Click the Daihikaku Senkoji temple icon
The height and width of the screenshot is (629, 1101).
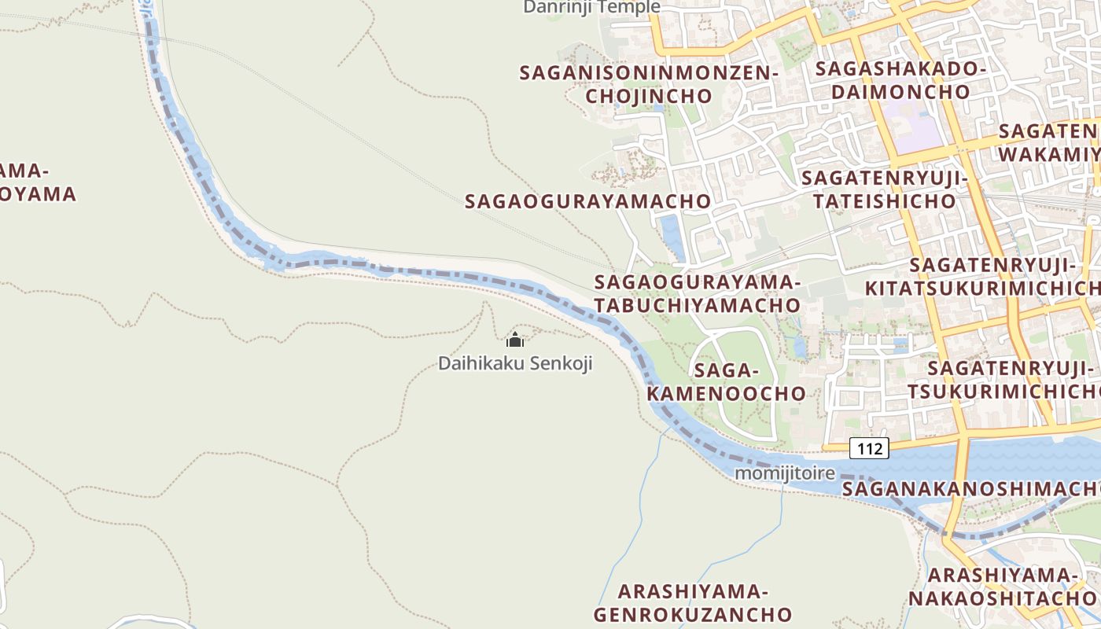pyautogui.click(x=515, y=340)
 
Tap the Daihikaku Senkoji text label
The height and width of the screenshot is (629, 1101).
pyautogui.click(x=515, y=364)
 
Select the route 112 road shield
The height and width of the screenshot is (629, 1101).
pyautogui.click(x=869, y=448)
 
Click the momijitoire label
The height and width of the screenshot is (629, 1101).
pyautogui.click(x=784, y=474)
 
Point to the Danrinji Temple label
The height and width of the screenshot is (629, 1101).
pyautogui.click(x=591, y=7)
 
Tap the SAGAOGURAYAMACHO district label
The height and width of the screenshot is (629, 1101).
pyautogui.click(x=587, y=201)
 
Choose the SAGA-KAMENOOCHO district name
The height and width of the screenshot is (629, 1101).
pyautogui.click(x=727, y=382)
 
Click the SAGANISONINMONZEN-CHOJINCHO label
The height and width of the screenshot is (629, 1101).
pyautogui.click(x=648, y=85)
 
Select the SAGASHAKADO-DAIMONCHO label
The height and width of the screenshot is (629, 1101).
pyautogui.click(x=900, y=80)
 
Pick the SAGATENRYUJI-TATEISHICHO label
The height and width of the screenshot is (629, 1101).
pyautogui.click(x=884, y=189)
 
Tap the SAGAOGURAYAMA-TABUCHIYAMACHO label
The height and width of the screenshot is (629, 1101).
pyautogui.click(x=697, y=293)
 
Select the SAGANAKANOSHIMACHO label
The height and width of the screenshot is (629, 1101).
pyautogui.click(x=971, y=489)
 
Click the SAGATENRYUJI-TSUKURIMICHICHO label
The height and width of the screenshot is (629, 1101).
pyautogui.click(x=1003, y=381)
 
